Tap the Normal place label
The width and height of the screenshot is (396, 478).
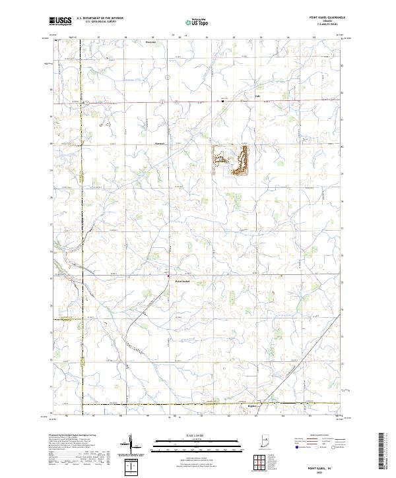[x=159, y=142]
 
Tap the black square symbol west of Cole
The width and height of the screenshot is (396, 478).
[x=222, y=102]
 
